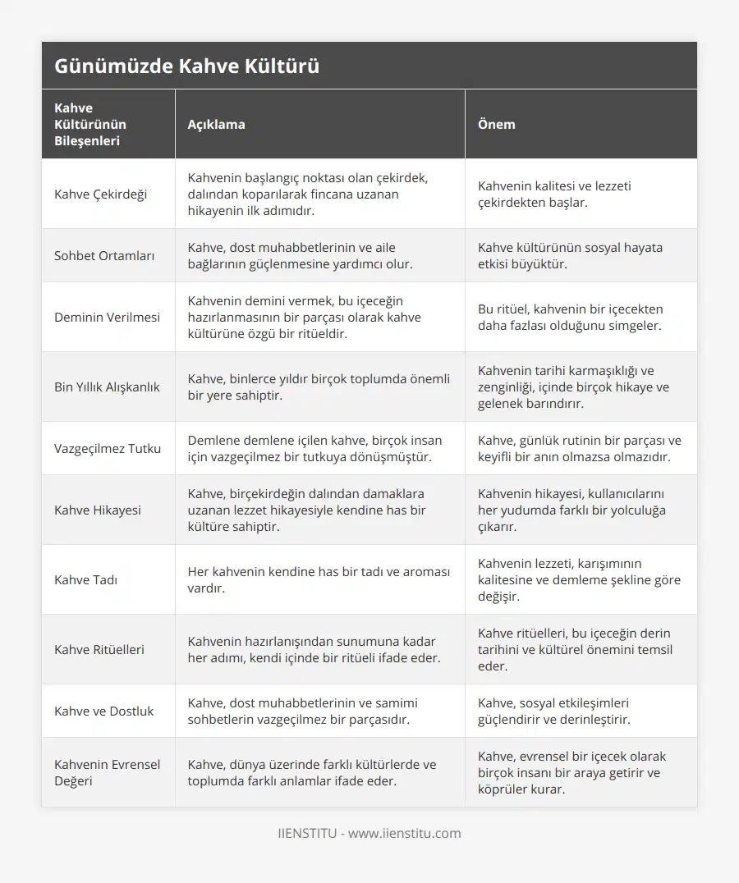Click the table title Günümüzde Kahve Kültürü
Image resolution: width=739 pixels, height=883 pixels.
(186, 66)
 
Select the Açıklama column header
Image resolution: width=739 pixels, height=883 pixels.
(216, 124)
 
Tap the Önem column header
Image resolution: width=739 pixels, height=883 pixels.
(497, 124)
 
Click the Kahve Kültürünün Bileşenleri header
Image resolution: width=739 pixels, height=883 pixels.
(90, 124)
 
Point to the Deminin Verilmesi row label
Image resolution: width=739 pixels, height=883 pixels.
(107, 317)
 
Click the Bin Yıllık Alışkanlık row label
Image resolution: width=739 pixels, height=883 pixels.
(107, 387)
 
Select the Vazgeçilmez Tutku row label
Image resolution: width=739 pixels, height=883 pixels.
(108, 448)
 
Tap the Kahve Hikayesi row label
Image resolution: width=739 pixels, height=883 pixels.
(98, 510)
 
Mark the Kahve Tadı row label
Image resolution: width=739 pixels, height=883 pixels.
(85, 579)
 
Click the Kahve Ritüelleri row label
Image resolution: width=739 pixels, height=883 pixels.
(99, 649)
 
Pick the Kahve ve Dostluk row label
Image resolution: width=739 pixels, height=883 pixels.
(103, 711)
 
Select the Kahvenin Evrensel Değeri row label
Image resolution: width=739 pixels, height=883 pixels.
(107, 772)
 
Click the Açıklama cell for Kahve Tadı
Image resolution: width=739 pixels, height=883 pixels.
(319, 579)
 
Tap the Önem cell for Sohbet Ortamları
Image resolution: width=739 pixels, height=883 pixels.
(570, 255)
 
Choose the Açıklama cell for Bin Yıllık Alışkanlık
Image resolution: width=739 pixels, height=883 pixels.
(319, 387)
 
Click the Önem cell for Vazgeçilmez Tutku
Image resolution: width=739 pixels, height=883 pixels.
(579, 448)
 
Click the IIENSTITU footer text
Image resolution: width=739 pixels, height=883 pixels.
(369, 833)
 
